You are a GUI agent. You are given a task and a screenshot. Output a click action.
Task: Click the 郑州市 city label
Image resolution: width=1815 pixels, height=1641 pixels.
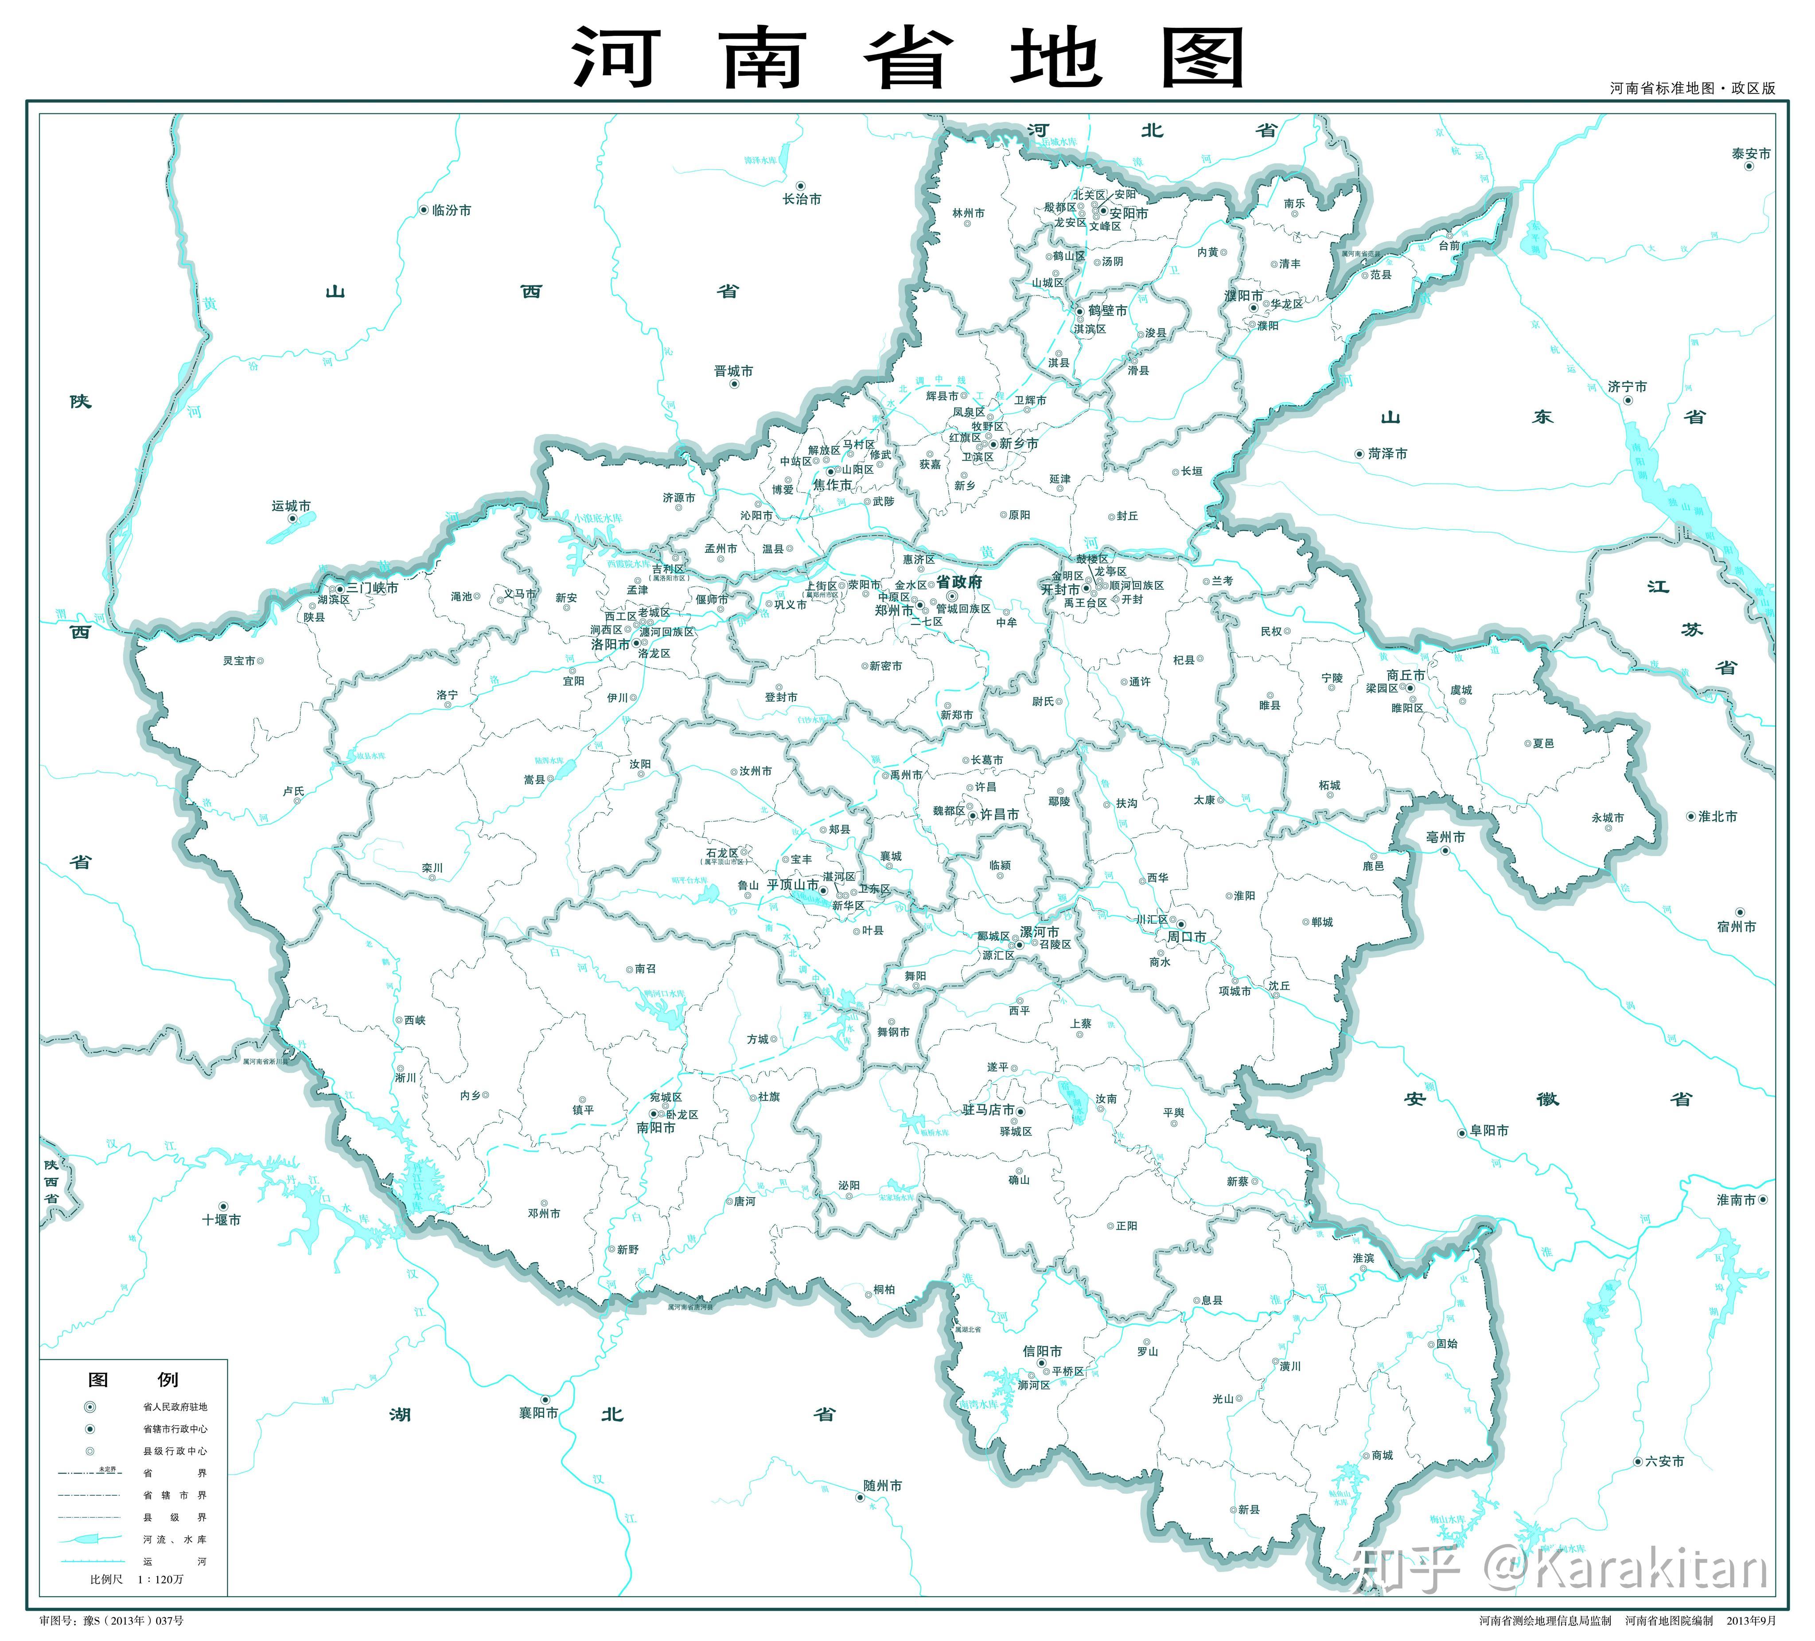(893, 611)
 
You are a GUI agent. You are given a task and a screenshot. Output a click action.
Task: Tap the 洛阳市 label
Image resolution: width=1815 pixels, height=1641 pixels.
(609, 645)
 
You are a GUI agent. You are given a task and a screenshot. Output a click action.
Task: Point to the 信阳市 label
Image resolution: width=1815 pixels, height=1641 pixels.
(1042, 1351)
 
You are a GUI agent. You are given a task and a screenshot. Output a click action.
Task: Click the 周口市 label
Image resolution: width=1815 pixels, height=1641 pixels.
(1187, 937)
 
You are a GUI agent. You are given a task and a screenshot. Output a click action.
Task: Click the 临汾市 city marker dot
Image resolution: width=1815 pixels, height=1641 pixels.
(424, 210)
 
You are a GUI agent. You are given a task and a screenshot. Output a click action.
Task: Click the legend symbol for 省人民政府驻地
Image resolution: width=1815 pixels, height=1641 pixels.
(90, 1407)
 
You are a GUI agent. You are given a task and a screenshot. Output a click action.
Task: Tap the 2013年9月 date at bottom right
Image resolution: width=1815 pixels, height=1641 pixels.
(1751, 1621)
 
